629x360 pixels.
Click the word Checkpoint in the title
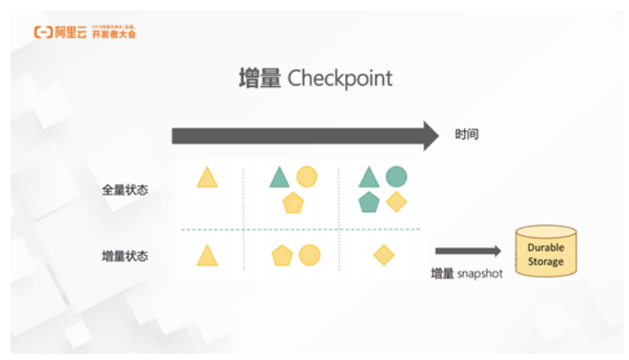pyautogui.click(x=340, y=78)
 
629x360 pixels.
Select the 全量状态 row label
pyautogui.click(x=125, y=189)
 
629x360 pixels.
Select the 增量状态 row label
pyautogui.click(x=125, y=256)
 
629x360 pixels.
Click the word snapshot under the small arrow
pyautogui.click(x=480, y=273)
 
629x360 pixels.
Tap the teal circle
pyautogui.click(x=396, y=176)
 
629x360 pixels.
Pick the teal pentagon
pyautogui.click(x=368, y=202)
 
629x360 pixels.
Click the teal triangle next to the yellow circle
pyautogui.click(x=279, y=177)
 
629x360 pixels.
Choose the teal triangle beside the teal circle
pyautogui.click(x=368, y=177)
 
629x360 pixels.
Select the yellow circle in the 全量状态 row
pyautogui.click(x=307, y=176)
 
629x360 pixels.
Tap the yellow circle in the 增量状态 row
pyautogui.click(x=309, y=255)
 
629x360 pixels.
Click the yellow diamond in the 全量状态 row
pyautogui.click(x=396, y=202)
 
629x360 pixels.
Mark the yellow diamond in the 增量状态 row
pyautogui.click(x=383, y=255)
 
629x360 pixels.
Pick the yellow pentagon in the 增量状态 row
pyautogui.click(x=282, y=256)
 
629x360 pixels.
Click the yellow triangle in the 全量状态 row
pyautogui.click(x=207, y=177)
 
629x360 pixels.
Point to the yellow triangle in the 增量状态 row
pyautogui.click(x=207, y=256)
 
